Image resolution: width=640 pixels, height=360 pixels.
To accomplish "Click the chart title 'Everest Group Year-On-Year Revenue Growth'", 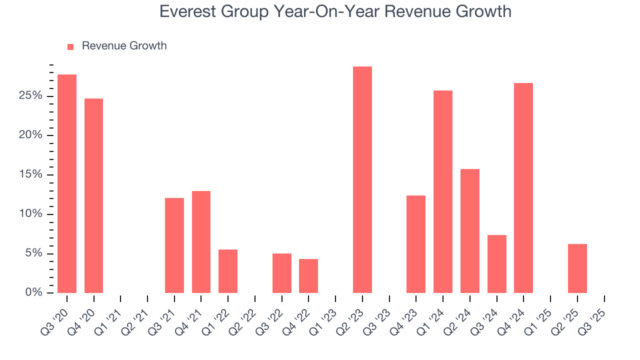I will point(335,11).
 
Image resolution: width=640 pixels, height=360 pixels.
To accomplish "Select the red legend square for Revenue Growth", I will point(70,46).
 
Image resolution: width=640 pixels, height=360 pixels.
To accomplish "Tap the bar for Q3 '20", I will point(67,183).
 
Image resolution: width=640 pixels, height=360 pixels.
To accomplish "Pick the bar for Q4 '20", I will point(93,195).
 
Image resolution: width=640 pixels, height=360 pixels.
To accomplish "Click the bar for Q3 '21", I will point(174,245).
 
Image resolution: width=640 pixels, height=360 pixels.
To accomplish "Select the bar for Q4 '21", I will point(201,242).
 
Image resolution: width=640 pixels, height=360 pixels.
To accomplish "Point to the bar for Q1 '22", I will point(228,271).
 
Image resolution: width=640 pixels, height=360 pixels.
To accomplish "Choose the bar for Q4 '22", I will point(308,276).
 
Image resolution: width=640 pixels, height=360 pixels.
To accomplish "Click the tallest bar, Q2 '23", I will point(362,179).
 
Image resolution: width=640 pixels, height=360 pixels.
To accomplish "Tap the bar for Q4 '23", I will point(416,244).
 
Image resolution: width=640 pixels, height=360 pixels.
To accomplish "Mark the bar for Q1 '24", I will point(443,191).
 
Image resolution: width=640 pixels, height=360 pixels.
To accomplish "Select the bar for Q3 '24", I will point(496,264).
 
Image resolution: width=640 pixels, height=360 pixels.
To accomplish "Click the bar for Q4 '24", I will point(523,188).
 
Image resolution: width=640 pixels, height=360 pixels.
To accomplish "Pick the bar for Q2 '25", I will point(577,268).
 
